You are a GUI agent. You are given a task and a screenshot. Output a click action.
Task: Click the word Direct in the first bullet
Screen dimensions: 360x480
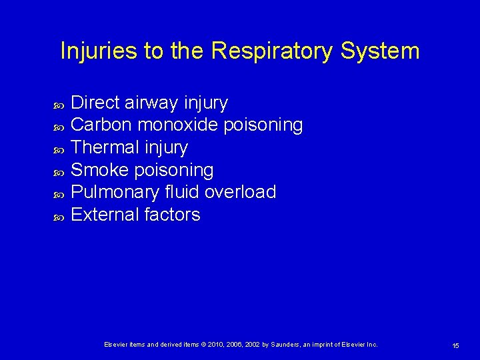[95, 103]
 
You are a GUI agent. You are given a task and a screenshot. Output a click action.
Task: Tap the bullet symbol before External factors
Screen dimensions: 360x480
[57, 216]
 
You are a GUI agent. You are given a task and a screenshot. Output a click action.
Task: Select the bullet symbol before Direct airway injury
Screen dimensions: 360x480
[57, 104]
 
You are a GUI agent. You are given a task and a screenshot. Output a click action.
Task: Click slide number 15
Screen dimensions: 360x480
[455, 345]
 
